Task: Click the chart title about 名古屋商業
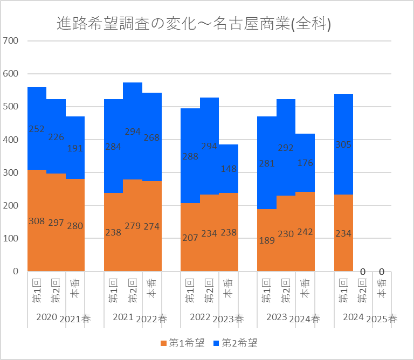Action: [194, 24]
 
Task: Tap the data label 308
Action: [37, 221]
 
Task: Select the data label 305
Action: [344, 144]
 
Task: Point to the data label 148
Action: [229, 169]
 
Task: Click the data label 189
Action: [267, 240]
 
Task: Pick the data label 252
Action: [37, 129]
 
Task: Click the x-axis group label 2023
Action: [277, 317]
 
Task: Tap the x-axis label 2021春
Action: [75, 319]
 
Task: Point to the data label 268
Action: [152, 138]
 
